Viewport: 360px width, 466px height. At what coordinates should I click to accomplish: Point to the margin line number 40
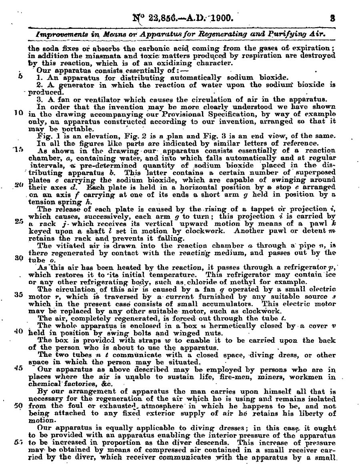tap(18, 331)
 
